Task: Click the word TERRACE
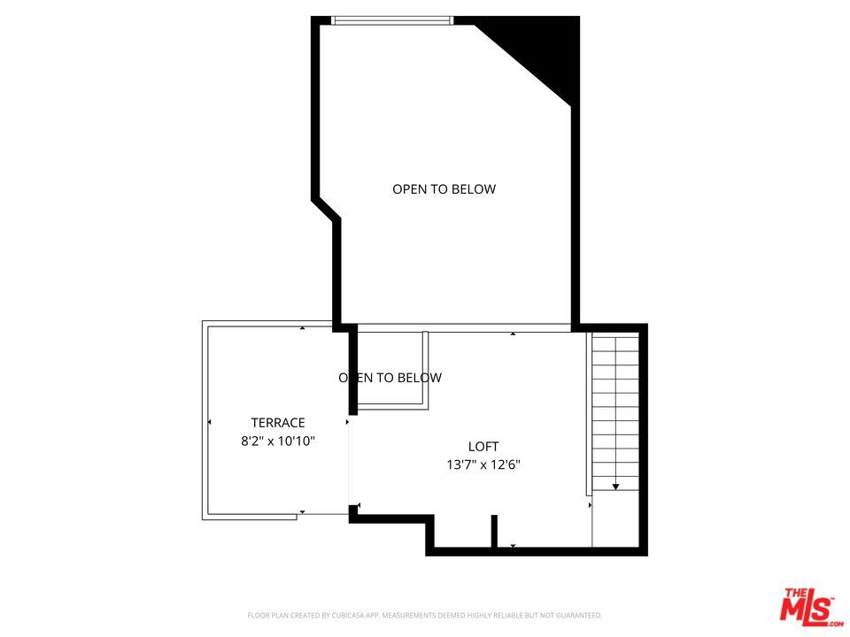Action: [277, 423]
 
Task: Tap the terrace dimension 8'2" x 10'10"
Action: [278, 440]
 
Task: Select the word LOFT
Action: [483, 447]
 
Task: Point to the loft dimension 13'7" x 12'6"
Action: [483, 464]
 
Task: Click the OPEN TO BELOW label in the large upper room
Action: [444, 188]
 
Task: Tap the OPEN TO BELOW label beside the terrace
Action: [390, 378]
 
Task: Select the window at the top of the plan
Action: [392, 20]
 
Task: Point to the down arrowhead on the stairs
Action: [615, 487]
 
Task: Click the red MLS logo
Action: [807, 606]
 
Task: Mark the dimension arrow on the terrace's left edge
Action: [210, 423]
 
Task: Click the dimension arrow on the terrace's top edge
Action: [302, 328]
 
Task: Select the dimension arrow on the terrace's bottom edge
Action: [302, 512]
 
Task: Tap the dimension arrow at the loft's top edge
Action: [513, 334]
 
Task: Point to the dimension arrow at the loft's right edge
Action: [590, 505]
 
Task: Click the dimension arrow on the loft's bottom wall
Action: [513, 546]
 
